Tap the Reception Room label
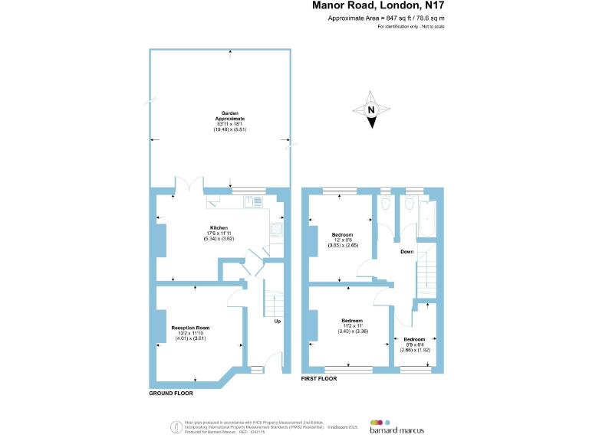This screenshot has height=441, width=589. pyautogui.click(x=190, y=328)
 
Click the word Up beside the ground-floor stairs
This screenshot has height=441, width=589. pyautogui.click(x=278, y=321)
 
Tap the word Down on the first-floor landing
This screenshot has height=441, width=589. pyautogui.click(x=408, y=251)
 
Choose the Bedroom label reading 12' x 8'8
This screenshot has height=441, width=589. pyautogui.click(x=342, y=234)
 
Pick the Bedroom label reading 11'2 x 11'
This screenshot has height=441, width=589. pyautogui.click(x=352, y=321)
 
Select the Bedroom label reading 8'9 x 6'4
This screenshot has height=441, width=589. pyautogui.click(x=414, y=339)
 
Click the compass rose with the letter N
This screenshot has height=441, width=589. pyautogui.click(x=371, y=110)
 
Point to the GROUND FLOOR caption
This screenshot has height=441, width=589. pyautogui.click(x=171, y=394)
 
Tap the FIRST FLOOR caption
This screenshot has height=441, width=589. pyautogui.click(x=319, y=379)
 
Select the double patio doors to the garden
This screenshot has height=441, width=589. pyautogui.click(x=188, y=185)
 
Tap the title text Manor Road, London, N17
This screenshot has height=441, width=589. pyautogui.click(x=379, y=5)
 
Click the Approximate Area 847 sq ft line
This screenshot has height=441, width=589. pyautogui.click(x=386, y=18)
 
